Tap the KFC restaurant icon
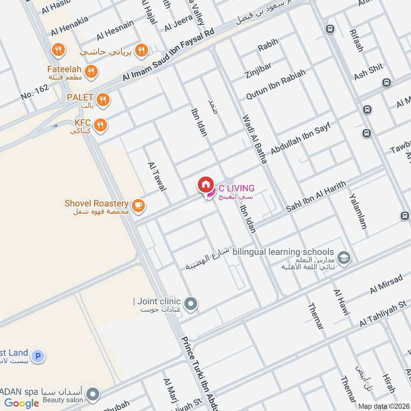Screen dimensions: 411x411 101,124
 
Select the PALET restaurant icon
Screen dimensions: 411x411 103,99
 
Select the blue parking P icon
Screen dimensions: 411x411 37,356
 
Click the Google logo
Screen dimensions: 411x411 22,403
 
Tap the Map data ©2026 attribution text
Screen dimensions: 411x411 383,406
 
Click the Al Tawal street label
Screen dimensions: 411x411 157,176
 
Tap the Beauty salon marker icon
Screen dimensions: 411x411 92,395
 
